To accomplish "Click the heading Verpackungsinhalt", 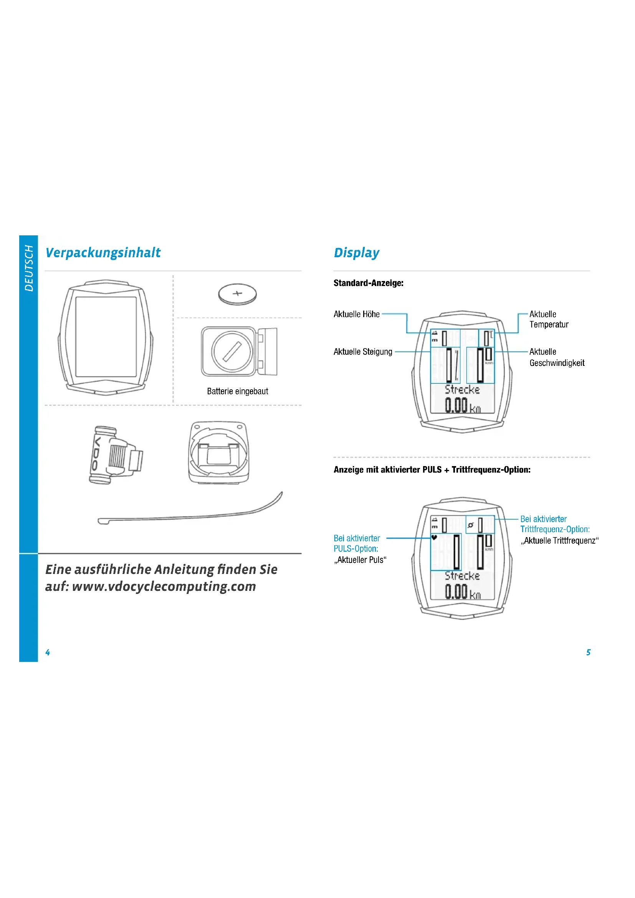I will [103, 253].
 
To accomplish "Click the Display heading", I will [356, 253].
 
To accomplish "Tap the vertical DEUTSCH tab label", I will [29, 268].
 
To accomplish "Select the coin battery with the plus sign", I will [237, 294].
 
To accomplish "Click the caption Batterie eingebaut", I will [237, 391].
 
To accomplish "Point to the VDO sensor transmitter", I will [114, 455].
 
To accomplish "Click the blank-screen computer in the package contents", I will [106, 337].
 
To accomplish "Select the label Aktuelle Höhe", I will [356, 314].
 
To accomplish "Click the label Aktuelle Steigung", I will [362, 352].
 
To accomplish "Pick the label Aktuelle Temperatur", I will [548, 319].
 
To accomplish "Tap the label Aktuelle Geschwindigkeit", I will [556, 357].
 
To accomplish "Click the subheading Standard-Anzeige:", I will [368, 283].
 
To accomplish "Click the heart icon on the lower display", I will [434, 537].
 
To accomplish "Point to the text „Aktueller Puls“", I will [360, 560].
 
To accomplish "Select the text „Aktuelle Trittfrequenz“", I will [559, 541].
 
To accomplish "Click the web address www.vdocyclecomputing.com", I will [164, 586].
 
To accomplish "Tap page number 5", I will [588, 652].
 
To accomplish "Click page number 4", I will [48, 652].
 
